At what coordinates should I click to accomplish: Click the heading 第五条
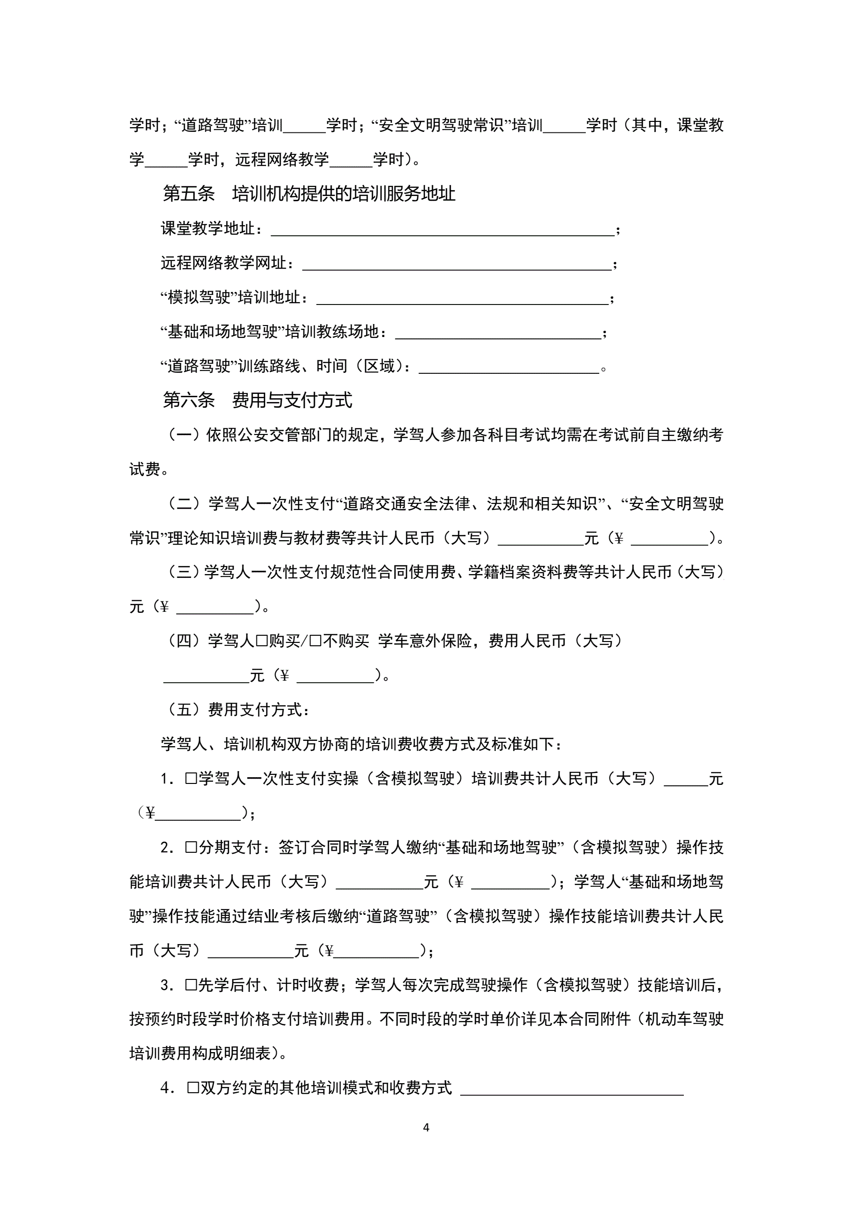[189, 194]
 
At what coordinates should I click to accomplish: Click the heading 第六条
[189, 400]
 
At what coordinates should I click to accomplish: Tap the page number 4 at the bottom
[426, 1127]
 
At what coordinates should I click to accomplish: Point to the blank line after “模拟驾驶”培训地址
[462, 299]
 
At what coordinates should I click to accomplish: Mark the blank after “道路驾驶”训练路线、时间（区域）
[508, 368]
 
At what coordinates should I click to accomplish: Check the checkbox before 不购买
[316, 641]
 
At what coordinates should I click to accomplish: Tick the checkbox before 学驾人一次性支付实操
[191, 779]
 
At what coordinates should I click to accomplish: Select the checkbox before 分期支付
[191, 848]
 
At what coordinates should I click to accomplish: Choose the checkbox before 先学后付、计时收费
[191, 985]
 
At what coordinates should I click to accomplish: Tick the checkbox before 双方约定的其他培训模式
[193, 1088]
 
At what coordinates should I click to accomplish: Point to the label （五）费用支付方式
[239, 710]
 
